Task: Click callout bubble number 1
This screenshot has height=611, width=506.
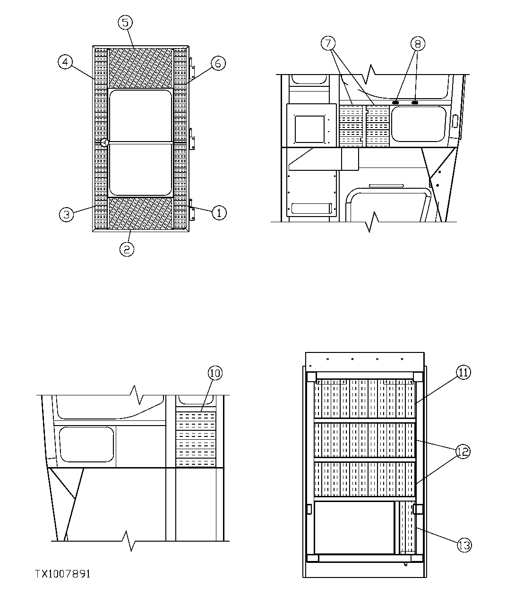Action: [219, 213]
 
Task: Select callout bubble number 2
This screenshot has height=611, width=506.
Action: [126, 249]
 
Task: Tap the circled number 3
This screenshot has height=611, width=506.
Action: [67, 214]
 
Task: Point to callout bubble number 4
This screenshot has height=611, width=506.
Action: [66, 62]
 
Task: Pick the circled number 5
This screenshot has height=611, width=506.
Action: [125, 22]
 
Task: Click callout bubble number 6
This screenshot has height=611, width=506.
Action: [218, 63]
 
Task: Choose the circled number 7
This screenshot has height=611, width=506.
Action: [329, 43]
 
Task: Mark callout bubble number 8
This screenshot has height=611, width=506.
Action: [417, 44]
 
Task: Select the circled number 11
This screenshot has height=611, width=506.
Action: [463, 372]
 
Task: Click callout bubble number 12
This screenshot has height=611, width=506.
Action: [463, 452]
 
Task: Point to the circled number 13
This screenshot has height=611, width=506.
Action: [464, 545]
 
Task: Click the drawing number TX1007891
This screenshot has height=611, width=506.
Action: [62, 574]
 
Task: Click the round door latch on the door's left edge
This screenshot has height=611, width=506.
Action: [105, 142]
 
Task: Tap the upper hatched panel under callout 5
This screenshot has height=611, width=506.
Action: [141, 68]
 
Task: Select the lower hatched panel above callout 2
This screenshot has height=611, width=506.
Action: [141, 213]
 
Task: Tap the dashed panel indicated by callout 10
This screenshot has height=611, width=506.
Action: [196, 439]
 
